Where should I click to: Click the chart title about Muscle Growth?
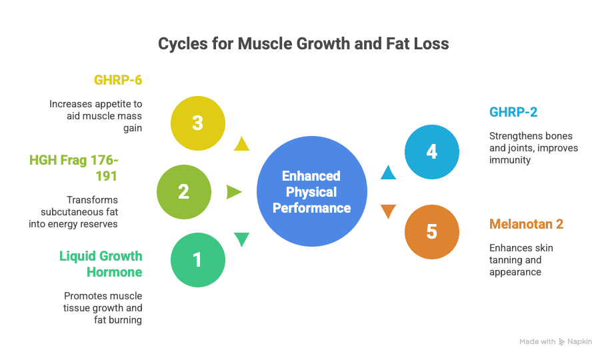pos(303,45)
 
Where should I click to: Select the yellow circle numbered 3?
pos(197,123)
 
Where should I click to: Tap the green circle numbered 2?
pos(183,192)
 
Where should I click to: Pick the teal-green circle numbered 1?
pos(197,259)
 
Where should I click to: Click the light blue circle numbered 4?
pos(431,152)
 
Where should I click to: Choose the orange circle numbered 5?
pos(431,232)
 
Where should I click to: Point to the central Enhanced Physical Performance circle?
pos(311,192)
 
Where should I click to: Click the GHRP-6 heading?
pos(118,81)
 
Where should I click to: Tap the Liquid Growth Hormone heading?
pos(101,263)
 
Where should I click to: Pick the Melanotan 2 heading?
pos(527,224)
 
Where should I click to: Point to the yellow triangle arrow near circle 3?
pos(241,144)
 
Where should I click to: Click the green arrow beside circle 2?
pos(234,192)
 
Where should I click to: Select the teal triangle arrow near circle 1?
pos(241,239)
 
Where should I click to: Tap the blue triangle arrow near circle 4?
pos(388,173)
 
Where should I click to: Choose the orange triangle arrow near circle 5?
pos(388,213)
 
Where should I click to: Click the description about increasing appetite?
pos(97,114)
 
